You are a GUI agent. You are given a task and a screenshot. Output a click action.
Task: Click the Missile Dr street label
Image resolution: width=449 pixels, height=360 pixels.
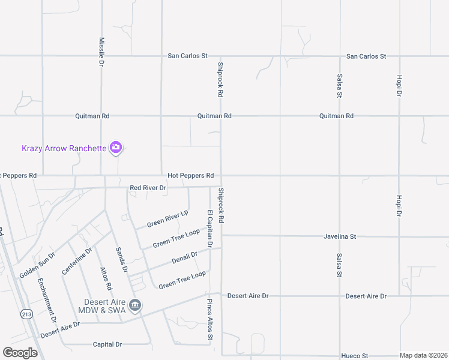101,51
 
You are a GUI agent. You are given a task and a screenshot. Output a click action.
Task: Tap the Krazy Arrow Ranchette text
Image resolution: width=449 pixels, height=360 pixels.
64,148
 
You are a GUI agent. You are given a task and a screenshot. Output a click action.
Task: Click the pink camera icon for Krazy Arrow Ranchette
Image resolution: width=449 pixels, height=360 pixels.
116,147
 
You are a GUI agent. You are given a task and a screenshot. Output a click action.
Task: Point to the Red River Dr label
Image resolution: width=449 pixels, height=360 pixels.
148,188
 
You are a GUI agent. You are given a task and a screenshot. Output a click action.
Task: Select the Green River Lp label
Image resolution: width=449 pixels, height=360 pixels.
167,219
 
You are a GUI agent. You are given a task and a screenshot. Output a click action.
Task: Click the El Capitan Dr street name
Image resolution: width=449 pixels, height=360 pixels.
210,229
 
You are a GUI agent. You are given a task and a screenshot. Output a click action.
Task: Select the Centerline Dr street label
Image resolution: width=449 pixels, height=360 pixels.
77,261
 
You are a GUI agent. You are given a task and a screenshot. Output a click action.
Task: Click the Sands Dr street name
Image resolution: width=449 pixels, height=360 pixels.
121,260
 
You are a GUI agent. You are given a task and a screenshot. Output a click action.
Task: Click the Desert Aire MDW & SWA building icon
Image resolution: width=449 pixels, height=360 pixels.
135,306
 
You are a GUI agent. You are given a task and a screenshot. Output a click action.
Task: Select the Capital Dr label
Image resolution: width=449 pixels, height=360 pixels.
107,344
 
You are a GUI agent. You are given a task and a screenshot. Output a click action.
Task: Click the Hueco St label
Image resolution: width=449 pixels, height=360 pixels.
354,356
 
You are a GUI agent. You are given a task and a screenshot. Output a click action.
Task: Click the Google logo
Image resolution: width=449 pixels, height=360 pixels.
20,353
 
